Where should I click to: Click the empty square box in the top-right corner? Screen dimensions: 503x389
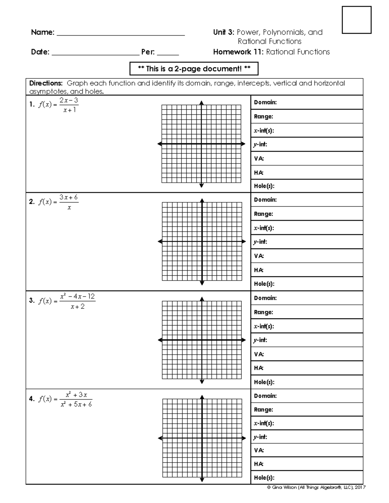click(357, 20)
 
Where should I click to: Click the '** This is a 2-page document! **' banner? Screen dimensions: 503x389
click(194, 69)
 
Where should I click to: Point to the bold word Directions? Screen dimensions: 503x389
click(46, 83)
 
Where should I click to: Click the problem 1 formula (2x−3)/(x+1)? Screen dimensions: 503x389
click(58, 105)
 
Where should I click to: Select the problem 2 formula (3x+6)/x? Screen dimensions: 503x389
click(58, 202)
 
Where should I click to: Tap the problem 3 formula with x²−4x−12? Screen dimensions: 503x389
click(66, 301)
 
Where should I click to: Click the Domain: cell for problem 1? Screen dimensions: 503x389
click(307, 102)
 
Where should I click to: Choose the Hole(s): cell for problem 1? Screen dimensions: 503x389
click(307, 186)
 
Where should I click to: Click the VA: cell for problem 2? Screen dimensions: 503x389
click(307, 256)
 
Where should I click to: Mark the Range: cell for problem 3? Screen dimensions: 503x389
click(307, 312)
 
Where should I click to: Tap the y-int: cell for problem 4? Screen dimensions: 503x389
click(307, 437)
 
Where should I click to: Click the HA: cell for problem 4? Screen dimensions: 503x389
click(307, 464)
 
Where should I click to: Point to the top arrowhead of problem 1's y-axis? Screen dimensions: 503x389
click(202, 103)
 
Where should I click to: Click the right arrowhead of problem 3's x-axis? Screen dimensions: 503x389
click(244, 340)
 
